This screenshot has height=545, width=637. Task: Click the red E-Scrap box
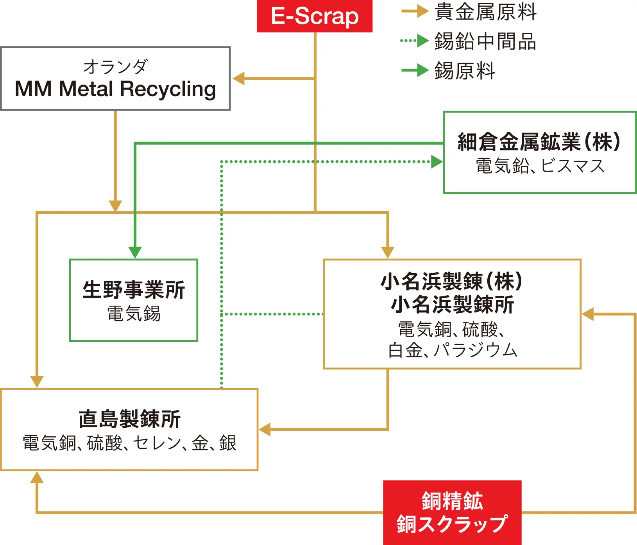(315, 16)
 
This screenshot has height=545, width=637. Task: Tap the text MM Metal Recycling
(115, 89)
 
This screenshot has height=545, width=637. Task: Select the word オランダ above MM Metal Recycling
(116, 66)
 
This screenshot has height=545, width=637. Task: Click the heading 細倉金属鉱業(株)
(539, 142)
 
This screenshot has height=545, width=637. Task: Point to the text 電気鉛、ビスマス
(540, 166)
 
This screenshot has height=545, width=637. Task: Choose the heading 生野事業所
(134, 290)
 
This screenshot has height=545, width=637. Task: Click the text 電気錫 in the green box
(134, 314)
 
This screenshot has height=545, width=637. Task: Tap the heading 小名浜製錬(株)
(452, 281)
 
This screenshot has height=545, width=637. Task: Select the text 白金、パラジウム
(453, 350)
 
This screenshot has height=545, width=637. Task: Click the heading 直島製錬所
(129, 419)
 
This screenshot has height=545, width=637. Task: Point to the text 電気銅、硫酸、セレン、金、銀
(129, 443)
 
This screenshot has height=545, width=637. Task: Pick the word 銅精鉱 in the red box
(452, 501)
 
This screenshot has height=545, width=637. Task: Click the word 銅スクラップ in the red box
(452, 524)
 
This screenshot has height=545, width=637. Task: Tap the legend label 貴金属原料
(485, 12)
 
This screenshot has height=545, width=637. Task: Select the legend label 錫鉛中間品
(485, 41)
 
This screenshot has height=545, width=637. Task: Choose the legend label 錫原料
(465, 71)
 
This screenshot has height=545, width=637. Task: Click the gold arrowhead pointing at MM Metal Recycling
(238, 79)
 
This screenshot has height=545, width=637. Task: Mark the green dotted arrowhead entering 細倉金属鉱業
(437, 161)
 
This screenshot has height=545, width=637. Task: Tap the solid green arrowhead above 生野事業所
(135, 252)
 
